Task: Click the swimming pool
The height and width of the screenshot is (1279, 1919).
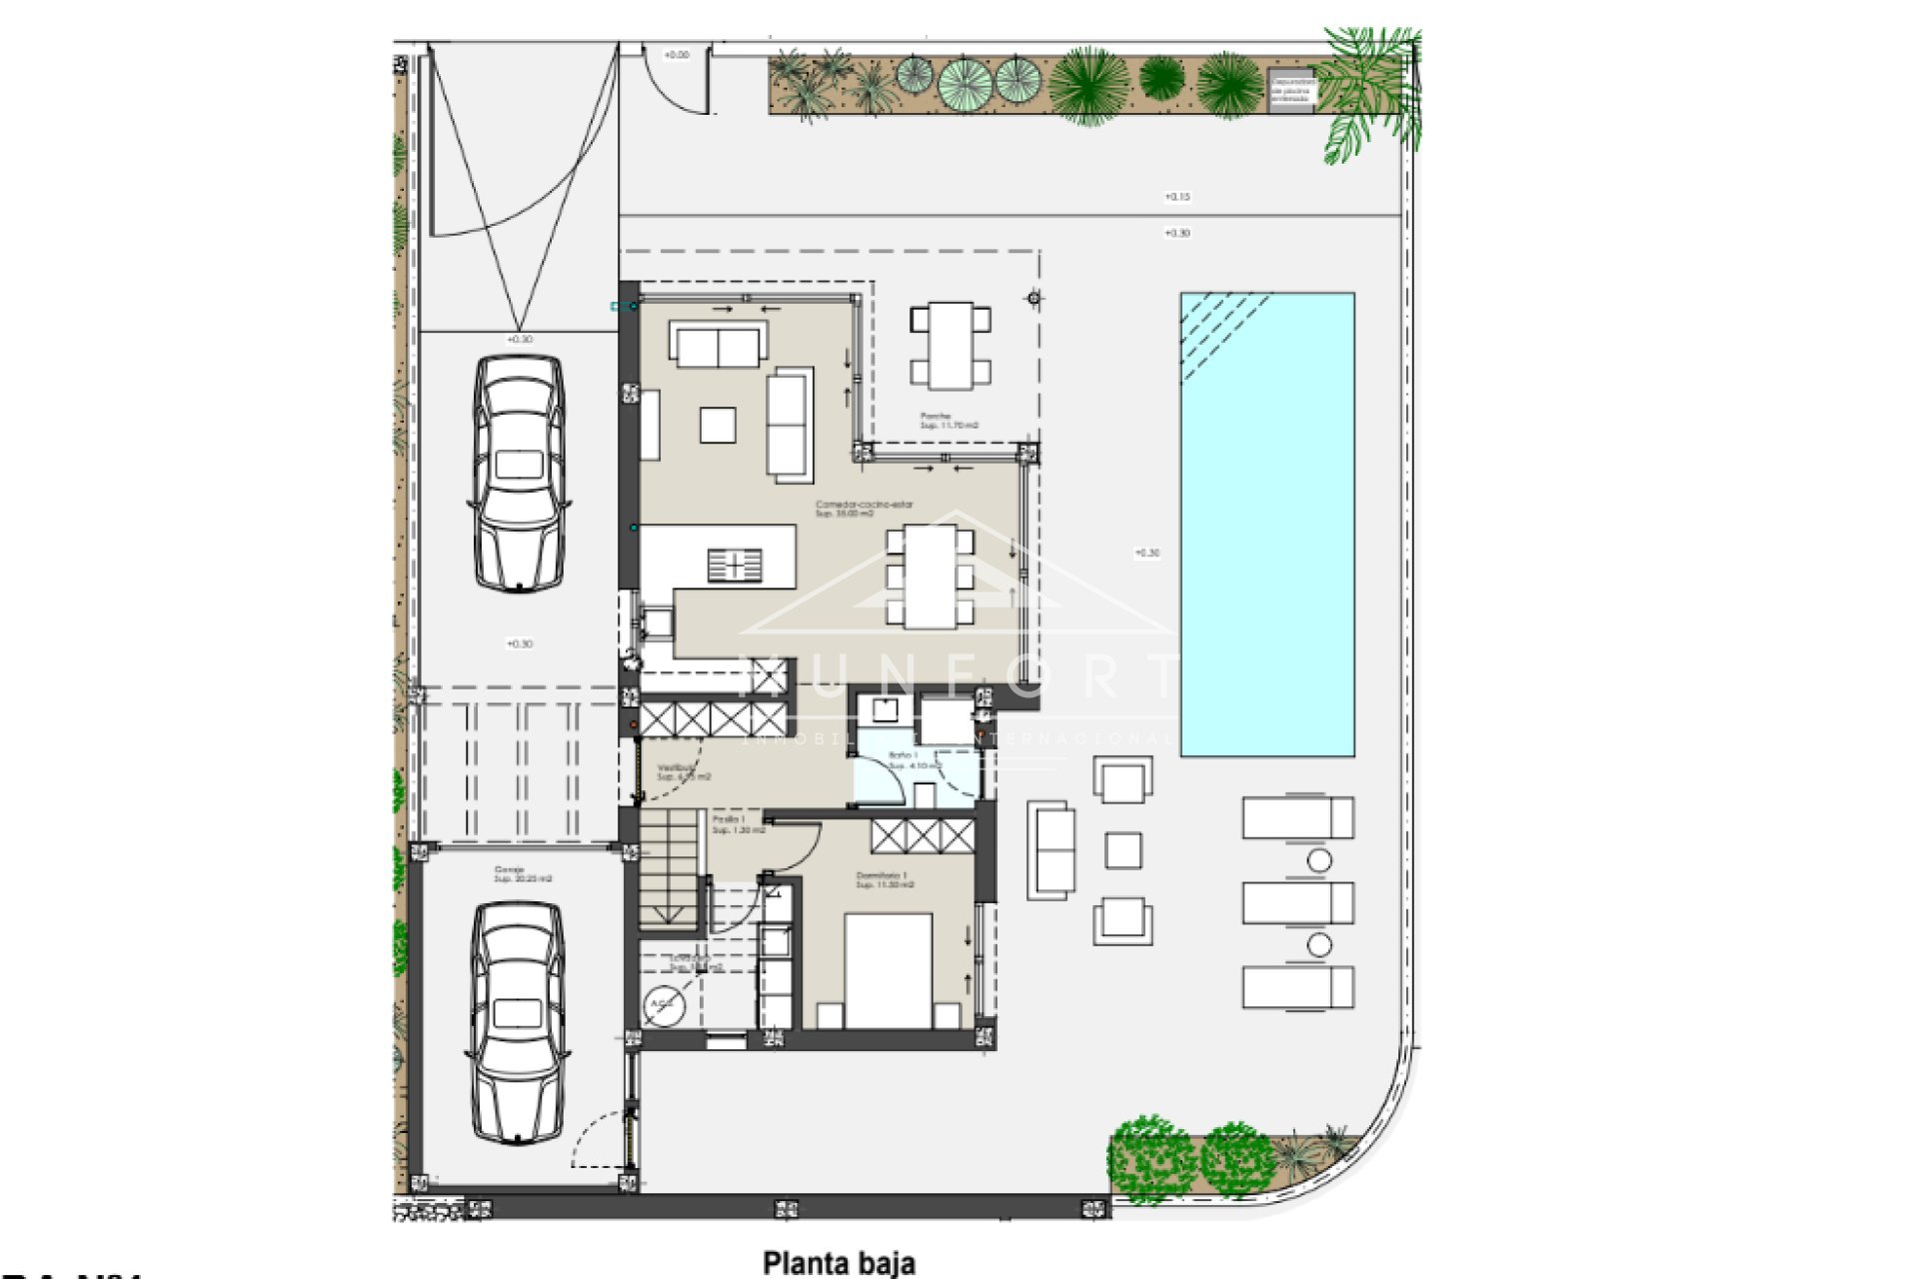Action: (x=1267, y=524)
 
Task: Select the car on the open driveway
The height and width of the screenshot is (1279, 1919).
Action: (x=519, y=473)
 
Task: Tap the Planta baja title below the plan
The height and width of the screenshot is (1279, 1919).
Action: (x=839, y=1263)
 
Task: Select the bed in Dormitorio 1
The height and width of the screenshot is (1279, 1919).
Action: (x=889, y=970)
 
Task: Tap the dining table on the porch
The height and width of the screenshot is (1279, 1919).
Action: (x=951, y=346)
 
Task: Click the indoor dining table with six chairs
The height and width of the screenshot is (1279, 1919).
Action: (x=930, y=577)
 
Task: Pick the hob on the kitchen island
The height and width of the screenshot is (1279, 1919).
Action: (x=735, y=566)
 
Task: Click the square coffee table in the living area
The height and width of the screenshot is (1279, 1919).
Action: (x=718, y=425)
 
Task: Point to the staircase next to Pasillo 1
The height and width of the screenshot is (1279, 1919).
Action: (x=671, y=867)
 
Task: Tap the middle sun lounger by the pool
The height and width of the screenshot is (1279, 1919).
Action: (x=1297, y=903)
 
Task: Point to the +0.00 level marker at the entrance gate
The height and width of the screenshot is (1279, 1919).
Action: (x=677, y=55)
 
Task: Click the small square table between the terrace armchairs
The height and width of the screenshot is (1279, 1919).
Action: (x=1123, y=850)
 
